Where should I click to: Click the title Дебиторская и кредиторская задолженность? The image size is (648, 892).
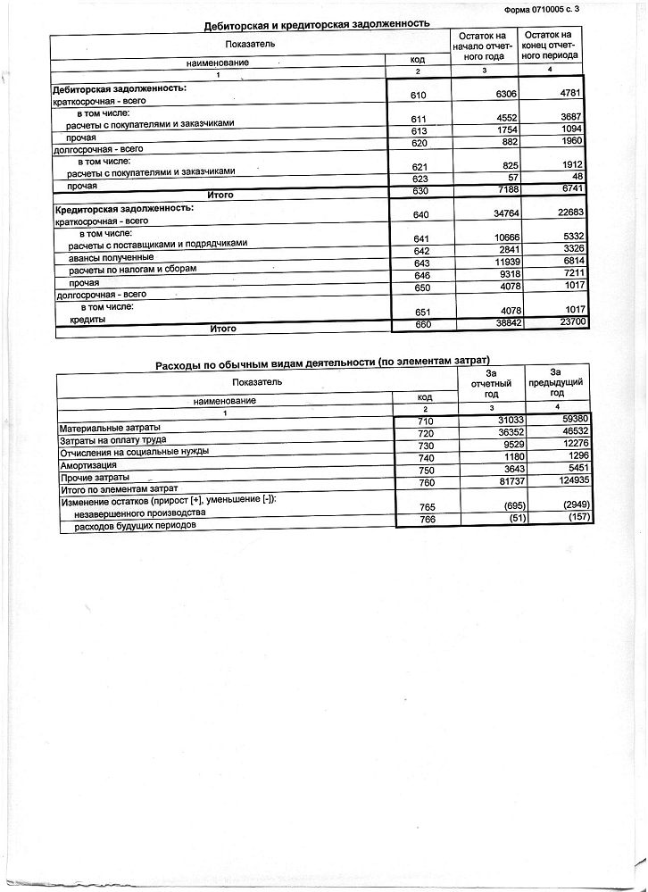[317, 24]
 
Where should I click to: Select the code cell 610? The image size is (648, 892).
[420, 95]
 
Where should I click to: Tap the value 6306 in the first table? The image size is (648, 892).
[490, 94]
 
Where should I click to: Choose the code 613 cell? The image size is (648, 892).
[420, 130]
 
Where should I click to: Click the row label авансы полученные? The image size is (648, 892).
[107, 256]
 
